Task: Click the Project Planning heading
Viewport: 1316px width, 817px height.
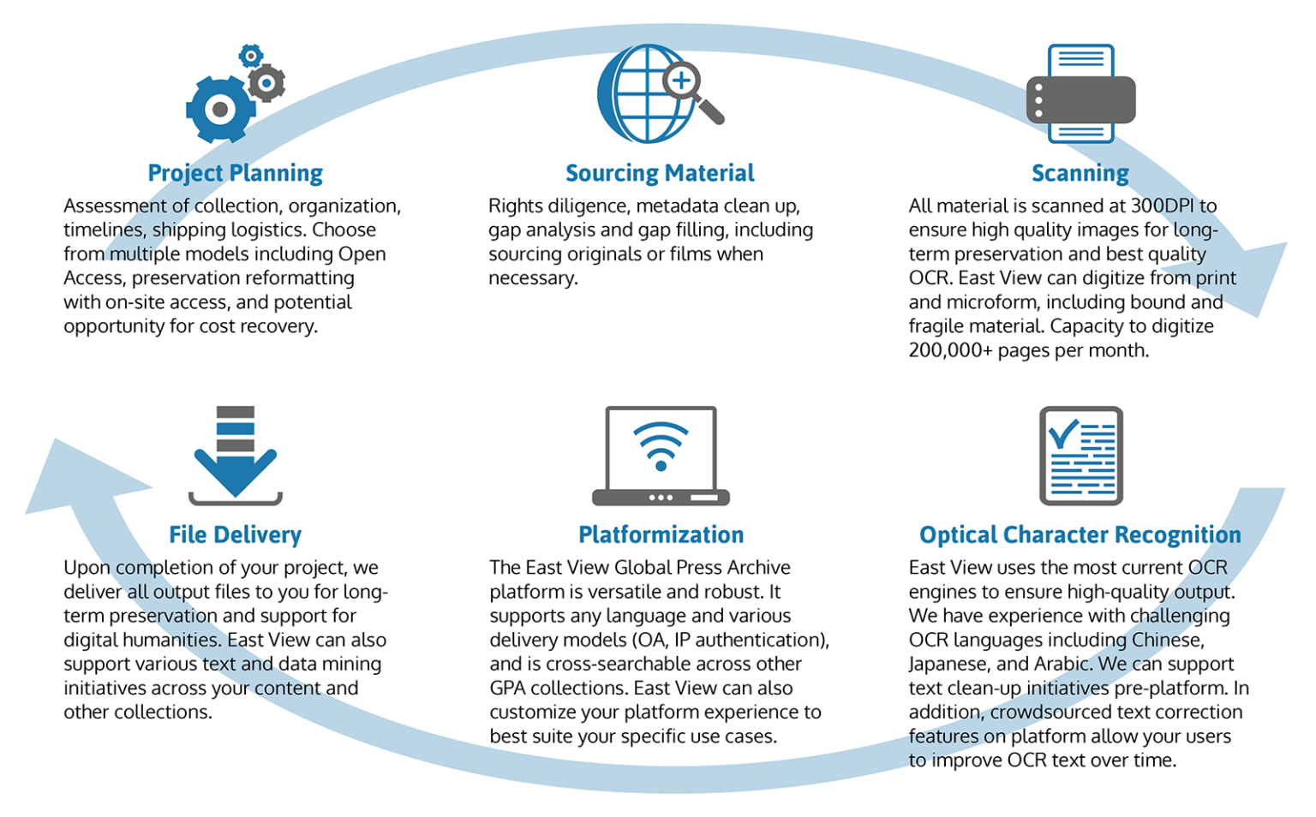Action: point(235,173)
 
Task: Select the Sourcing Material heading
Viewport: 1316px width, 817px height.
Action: point(660,173)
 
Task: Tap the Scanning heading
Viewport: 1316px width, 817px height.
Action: point(1080,173)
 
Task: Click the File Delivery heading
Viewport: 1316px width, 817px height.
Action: point(235,535)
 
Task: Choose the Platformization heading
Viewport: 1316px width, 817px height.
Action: point(661,535)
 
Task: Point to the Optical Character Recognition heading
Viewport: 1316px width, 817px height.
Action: point(1080,535)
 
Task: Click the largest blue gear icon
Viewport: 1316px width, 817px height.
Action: point(219,109)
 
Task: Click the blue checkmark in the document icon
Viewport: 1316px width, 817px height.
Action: point(1063,433)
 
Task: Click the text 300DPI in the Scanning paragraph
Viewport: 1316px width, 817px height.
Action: point(1163,206)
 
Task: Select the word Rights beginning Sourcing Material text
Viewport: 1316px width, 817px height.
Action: point(515,206)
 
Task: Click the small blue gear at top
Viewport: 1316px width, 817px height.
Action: point(250,57)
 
